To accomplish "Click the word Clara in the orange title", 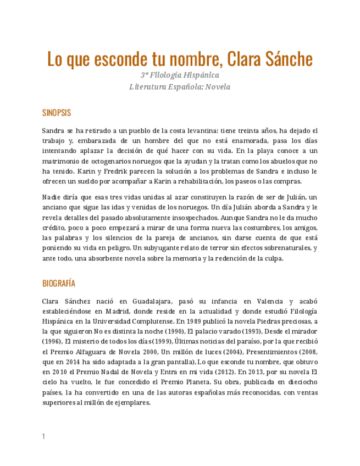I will coord(246,58).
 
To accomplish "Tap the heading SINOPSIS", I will coord(57,113).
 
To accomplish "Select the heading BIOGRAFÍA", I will coord(59,284).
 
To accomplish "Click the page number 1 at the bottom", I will coord(43,436).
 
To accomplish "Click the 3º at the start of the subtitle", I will coord(145,75).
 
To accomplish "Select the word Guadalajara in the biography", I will coord(145,301).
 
